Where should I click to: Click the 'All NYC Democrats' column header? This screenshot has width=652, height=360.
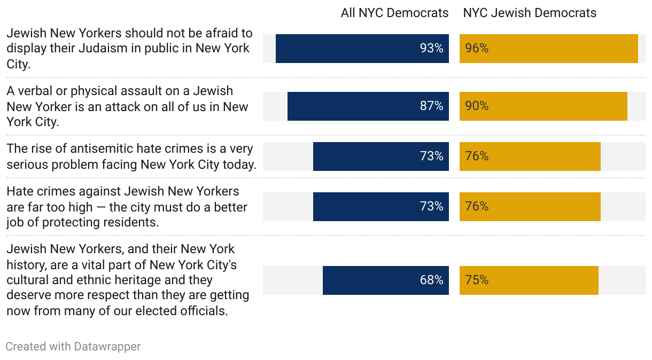click(x=394, y=13)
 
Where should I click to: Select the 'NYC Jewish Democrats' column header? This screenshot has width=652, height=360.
click(x=530, y=13)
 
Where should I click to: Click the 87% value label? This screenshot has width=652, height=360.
click(x=431, y=106)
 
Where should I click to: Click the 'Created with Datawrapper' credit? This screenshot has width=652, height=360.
click(x=73, y=347)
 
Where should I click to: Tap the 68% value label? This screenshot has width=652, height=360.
click(x=431, y=280)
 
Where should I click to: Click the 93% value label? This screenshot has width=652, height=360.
click(x=431, y=49)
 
